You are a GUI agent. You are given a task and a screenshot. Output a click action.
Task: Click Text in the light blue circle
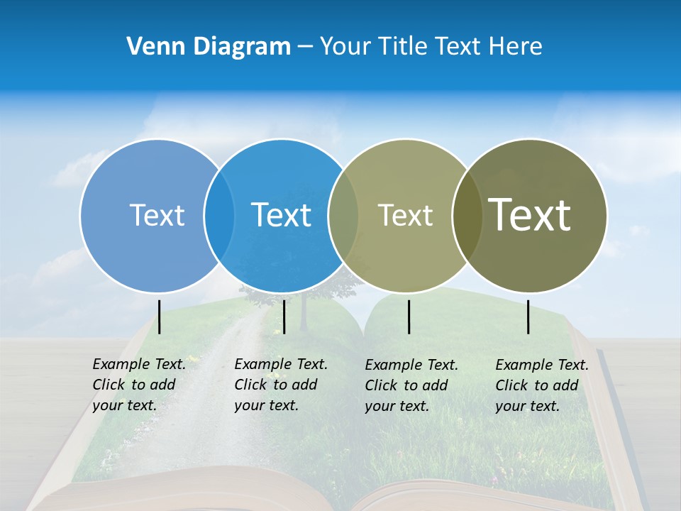coord(157,215)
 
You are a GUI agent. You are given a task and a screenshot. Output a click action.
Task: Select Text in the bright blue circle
coord(281,215)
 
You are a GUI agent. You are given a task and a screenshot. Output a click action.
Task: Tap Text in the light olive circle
coord(405,216)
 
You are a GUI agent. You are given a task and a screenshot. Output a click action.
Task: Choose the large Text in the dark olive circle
coord(530,214)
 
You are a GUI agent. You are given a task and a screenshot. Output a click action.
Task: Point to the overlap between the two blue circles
coord(219,216)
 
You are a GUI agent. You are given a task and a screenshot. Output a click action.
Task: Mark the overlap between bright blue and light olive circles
coord(343,216)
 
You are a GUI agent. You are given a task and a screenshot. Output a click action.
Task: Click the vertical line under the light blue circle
coord(160,317)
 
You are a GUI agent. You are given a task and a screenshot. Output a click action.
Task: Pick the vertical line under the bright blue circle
coord(284,317)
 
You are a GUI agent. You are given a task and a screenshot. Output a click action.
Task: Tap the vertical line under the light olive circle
coord(409,317)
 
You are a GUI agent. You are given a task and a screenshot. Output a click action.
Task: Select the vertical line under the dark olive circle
coord(528,317)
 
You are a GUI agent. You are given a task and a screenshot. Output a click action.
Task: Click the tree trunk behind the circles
coord(304,316)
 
